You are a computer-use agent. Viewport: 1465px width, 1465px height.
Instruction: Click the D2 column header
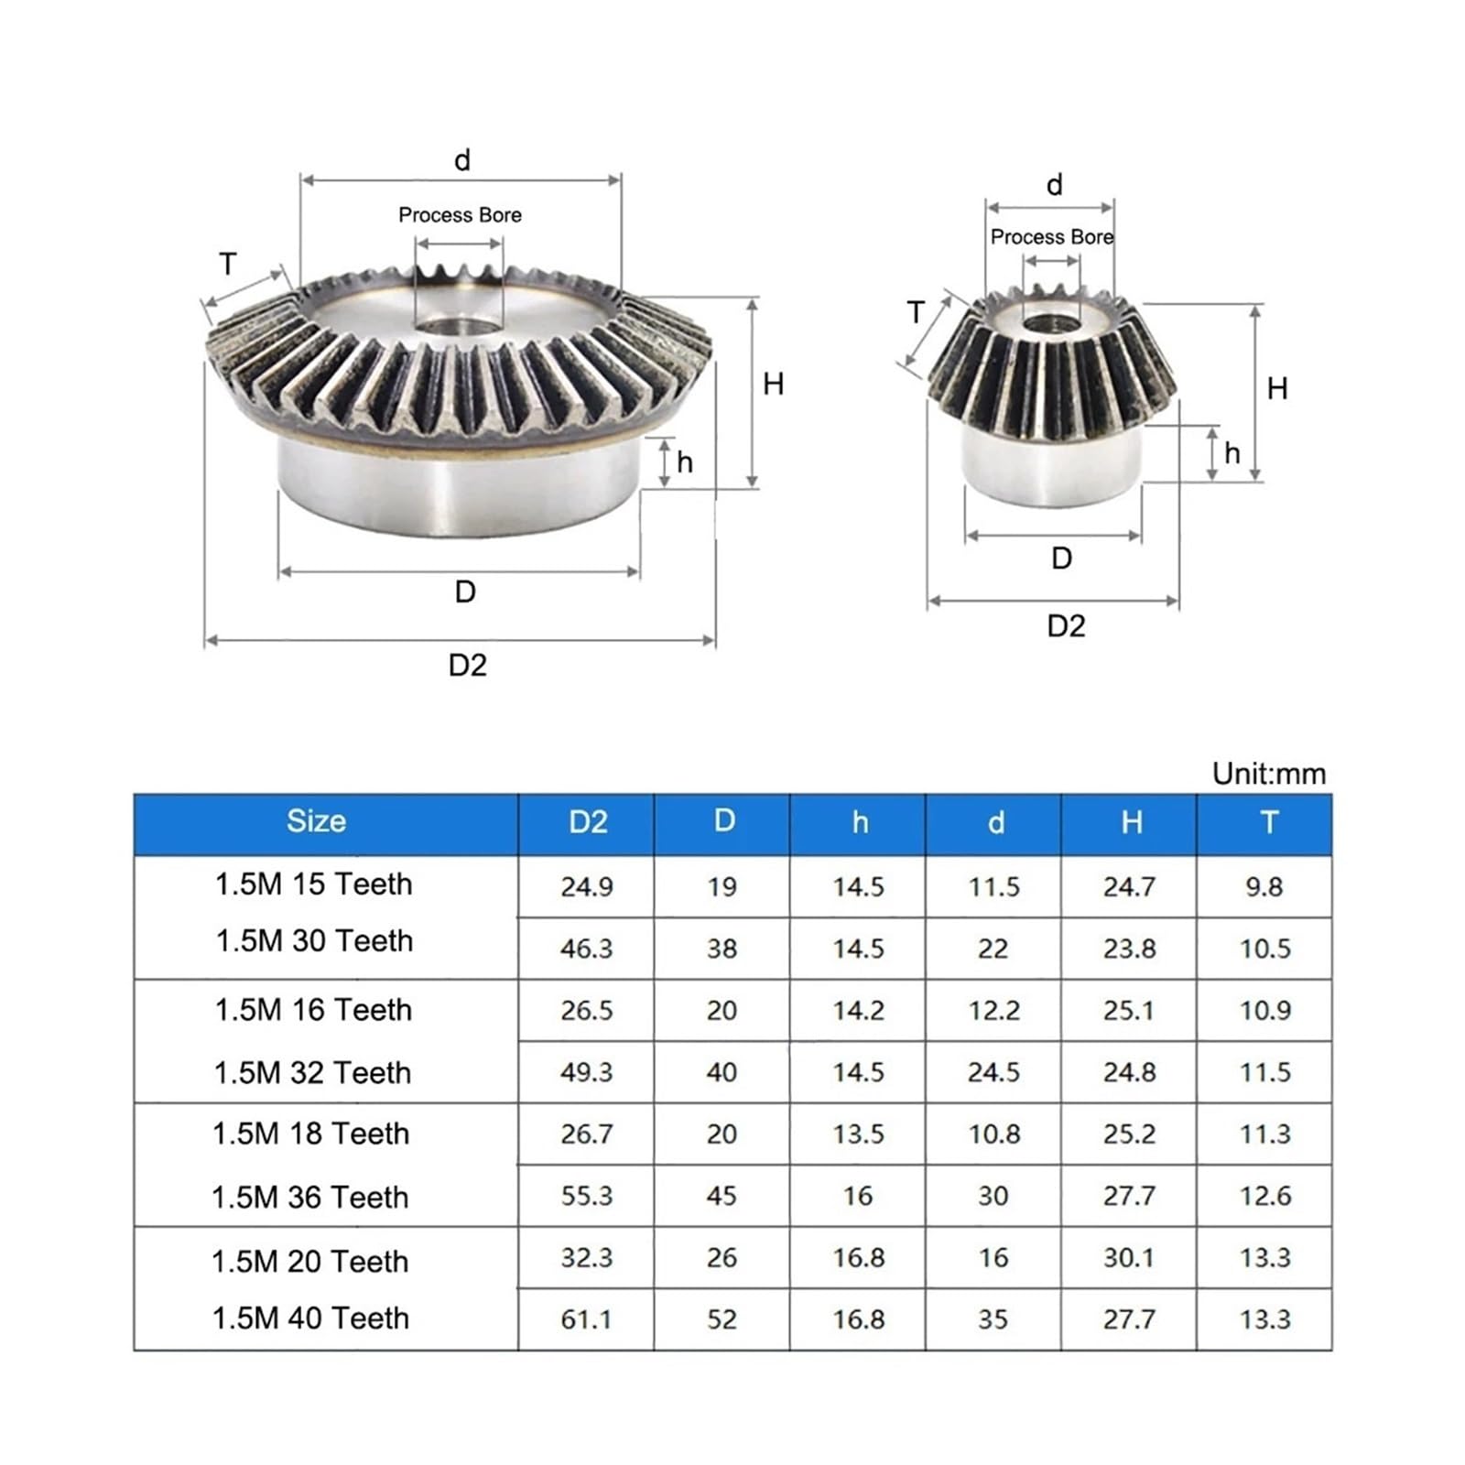[x=587, y=821]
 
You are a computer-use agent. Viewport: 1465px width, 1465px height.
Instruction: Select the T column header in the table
[x=1268, y=821]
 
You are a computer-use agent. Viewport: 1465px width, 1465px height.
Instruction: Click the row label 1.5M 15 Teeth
[x=313, y=884]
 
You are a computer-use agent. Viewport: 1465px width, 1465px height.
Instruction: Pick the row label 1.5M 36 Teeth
[x=309, y=1197]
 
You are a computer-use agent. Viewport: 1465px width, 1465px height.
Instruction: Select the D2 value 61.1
[x=586, y=1319]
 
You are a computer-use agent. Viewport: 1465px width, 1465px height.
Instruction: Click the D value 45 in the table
[x=722, y=1196]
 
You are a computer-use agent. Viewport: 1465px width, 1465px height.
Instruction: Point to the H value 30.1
[x=1128, y=1257]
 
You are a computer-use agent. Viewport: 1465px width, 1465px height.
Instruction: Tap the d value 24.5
[x=993, y=1071]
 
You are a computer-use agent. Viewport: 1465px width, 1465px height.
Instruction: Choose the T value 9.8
[x=1264, y=886]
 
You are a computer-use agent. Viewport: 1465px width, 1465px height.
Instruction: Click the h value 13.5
[x=858, y=1134]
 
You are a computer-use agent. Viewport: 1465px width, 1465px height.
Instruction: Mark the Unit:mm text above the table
[x=1268, y=774]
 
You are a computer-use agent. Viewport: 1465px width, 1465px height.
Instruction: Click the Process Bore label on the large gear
[x=460, y=215]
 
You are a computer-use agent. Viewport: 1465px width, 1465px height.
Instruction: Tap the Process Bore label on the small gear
[x=1051, y=237]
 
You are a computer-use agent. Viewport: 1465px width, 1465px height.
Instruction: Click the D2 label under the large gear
[x=467, y=665]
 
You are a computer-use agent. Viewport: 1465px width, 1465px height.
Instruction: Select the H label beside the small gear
[x=1276, y=388]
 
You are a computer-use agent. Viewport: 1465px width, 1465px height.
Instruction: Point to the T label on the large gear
[x=228, y=264]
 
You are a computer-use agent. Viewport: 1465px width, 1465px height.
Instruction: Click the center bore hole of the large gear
[x=458, y=327]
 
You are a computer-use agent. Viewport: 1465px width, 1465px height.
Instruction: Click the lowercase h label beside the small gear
[x=1232, y=453]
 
